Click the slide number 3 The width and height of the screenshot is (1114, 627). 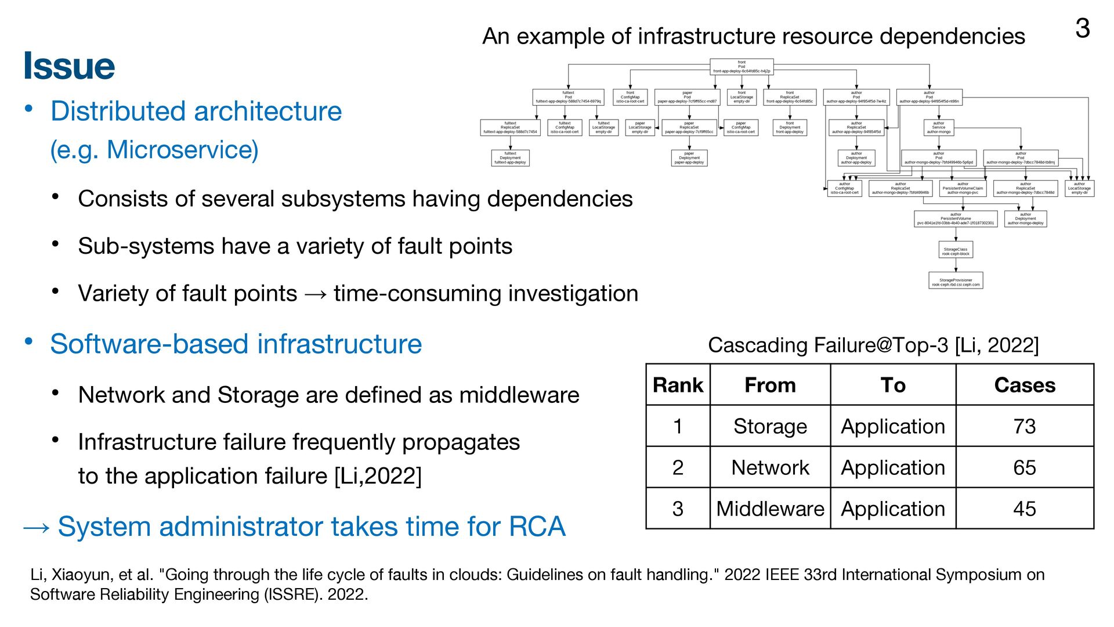click(x=1082, y=28)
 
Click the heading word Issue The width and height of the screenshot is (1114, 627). click(x=69, y=66)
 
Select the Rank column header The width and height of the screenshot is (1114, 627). click(x=678, y=385)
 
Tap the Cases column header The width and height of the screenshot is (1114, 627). click(x=1025, y=385)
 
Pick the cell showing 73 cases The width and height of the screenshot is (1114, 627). click(x=1025, y=426)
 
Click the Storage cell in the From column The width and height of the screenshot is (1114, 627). click(x=770, y=426)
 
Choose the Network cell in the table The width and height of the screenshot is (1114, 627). click(x=770, y=467)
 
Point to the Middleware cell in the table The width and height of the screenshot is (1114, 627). click(x=770, y=509)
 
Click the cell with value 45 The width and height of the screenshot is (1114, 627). click(x=1025, y=509)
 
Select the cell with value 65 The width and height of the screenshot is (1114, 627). click(x=1025, y=467)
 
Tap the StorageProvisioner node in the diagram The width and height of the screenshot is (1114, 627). click(x=956, y=280)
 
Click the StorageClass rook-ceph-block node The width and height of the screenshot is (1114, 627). click(x=956, y=250)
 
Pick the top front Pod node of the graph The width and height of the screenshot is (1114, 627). click(x=742, y=67)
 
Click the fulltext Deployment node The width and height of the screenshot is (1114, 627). click(x=510, y=158)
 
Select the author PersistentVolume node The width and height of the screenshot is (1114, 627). click(x=956, y=219)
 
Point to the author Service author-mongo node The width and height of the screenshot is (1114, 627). click(x=938, y=128)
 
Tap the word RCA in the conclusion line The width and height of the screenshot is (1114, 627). click(x=537, y=527)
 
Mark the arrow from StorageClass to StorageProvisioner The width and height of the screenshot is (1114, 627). click(x=956, y=265)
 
